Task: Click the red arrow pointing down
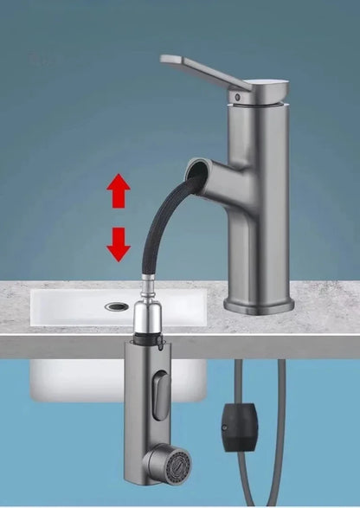(119, 244)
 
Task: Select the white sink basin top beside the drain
(69, 307)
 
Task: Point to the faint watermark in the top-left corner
(42, 61)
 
